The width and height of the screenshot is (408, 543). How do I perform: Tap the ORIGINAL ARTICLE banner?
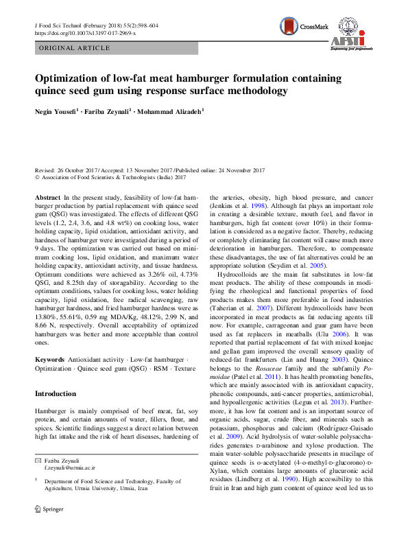pyautogui.click(x=75, y=48)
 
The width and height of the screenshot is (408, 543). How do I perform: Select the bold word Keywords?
pyautogui.click(x=49, y=359)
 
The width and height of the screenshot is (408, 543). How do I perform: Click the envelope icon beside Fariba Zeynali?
pyautogui.click(x=38, y=478)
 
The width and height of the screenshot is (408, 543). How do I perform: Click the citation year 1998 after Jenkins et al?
pyautogui.click(x=256, y=205)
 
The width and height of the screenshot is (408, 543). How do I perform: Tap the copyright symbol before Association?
pyautogui.click(x=37, y=177)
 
